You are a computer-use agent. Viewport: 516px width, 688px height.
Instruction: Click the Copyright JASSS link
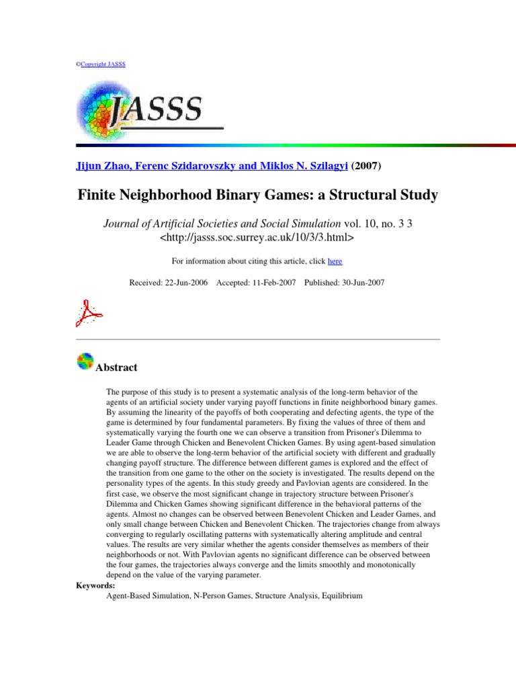pyautogui.click(x=103, y=64)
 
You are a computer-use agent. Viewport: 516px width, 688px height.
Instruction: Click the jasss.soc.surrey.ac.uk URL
pyautogui.click(x=257, y=237)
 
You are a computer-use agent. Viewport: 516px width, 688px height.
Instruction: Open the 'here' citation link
pyautogui.click(x=335, y=261)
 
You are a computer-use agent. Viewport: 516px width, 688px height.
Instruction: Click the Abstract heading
pyautogui.click(x=117, y=368)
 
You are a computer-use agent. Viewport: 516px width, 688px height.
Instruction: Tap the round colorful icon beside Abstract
pyautogui.click(x=85, y=361)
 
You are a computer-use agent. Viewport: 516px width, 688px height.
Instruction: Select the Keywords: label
pyautogui.click(x=95, y=585)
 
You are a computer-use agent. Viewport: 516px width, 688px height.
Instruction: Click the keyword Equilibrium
pyautogui.click(x=342, y=595)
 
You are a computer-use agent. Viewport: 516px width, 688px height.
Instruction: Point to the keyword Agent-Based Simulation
pyautogui.click(x=146, y=595)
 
